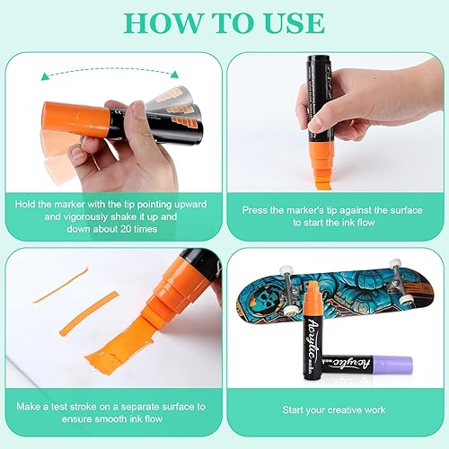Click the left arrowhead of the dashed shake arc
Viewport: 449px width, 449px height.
45,76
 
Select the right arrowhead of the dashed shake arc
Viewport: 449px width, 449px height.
174,75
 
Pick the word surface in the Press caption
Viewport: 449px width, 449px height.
406,210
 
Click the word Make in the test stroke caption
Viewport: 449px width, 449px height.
28,407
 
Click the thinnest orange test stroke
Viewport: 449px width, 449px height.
61,286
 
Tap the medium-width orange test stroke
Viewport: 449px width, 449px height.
89,313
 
